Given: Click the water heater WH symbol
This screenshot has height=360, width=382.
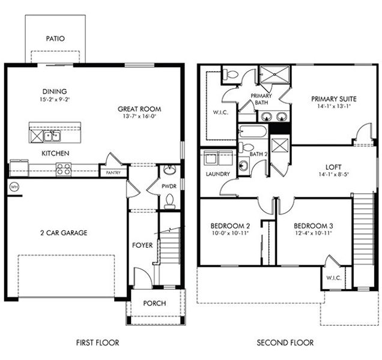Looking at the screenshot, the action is (x=14, y=187).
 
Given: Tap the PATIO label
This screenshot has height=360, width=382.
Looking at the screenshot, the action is (x=55, y=38).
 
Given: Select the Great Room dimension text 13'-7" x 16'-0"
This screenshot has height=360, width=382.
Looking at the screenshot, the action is (x=139, y=116).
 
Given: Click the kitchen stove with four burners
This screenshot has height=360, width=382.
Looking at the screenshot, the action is (x=64, y=169).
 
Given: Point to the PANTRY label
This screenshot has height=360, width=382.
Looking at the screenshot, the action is (x=114, y=173).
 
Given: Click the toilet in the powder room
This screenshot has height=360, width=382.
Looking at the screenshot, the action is (x=170, y=202).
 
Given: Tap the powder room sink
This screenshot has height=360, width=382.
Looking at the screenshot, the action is (x=169, y=170).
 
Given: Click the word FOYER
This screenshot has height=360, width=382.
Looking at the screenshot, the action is (x=142, y=245).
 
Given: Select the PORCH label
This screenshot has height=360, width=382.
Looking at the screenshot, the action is (x=155, y=303).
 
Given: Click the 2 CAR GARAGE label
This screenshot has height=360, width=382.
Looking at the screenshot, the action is (x=64, y=233).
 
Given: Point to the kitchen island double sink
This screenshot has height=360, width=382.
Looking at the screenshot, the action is (x=52, y=136).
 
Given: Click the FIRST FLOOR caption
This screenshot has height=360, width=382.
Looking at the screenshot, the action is (x=97, y=343).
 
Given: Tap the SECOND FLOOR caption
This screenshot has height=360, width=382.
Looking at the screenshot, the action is (x=285, y=343).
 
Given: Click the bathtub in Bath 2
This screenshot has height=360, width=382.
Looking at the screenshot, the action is (x=252, y=131).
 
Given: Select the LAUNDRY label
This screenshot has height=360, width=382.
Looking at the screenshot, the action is (x=218, y=174).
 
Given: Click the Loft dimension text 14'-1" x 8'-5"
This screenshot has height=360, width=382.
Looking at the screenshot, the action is (x=334, y=174).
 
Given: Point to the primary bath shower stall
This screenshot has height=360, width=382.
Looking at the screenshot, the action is (x=274, y=74).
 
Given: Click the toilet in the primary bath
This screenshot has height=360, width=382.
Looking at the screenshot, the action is (x=230, y=74).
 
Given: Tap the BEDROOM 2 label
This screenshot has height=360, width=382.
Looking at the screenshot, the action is (x=230, y=226).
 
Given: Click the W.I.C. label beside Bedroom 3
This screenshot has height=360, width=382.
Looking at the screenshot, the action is (x=334, y=278).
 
